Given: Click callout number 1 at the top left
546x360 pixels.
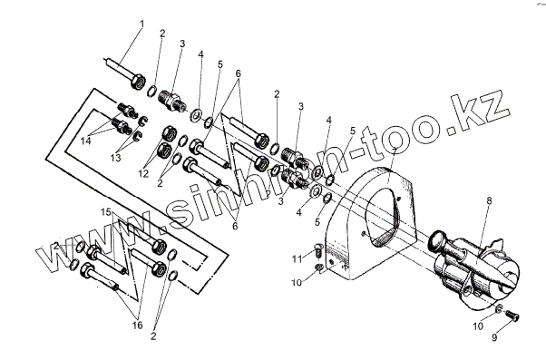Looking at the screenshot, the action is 141,24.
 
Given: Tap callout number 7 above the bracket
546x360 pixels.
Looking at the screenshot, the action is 394,152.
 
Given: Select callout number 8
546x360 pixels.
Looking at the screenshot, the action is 490,201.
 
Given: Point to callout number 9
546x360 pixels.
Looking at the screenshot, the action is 494,337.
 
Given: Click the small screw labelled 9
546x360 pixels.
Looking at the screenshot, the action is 512,316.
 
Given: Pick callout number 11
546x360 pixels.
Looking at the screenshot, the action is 297,259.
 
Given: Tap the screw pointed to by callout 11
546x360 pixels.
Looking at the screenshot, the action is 318,251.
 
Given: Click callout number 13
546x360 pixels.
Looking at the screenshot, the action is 115,158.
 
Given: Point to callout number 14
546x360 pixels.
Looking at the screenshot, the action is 86,141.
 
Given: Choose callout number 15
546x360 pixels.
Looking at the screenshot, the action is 106,211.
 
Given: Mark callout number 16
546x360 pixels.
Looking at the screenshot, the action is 138,326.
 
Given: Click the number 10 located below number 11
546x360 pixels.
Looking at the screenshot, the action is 297,283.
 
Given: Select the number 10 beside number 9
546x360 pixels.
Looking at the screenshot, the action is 478,326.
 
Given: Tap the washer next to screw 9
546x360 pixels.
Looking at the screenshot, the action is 498,308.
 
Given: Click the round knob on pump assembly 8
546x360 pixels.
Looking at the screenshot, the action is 438,240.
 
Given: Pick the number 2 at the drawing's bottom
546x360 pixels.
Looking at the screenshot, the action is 153,336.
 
